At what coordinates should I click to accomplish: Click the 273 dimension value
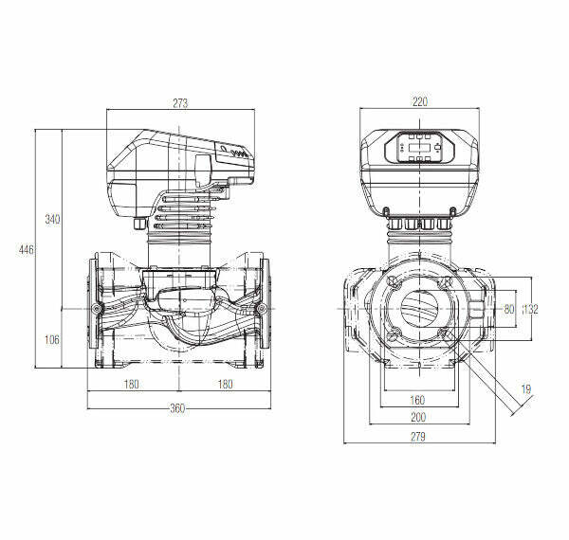pos(180,103)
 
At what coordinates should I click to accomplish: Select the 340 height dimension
pos(53,219)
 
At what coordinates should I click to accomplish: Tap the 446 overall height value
pos(28,250)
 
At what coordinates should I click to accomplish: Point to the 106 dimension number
pos(53,340)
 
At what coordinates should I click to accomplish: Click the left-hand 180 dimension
pos(131,385)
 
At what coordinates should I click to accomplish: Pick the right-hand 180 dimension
pos(225,385)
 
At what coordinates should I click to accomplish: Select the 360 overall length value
pos(177,408)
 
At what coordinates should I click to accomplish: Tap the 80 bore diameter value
pos(509,309)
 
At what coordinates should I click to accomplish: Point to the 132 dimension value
pos(531,309)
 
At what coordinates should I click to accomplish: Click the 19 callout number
pos(526,389)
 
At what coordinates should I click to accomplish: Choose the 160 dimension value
pos(418,400)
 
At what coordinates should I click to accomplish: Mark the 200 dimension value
pos(418,418)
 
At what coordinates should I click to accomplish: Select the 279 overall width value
pos(418,437)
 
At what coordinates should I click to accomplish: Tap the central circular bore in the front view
pos(418,308)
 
